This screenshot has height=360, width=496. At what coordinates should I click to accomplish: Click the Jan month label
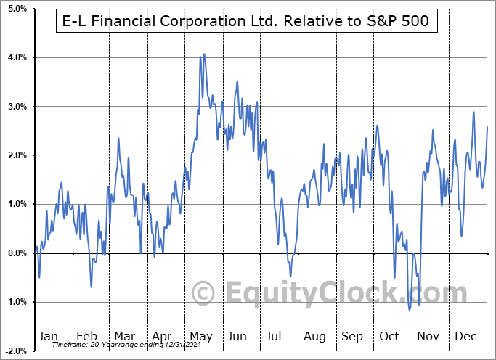tap(47, 336)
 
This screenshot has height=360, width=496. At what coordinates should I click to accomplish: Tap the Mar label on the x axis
tap(124, 336)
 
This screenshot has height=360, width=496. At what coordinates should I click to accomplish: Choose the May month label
tap(200, 336)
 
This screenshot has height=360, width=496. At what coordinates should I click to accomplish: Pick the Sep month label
tap(353, 336)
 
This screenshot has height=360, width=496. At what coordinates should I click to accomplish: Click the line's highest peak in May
tap(204, 54)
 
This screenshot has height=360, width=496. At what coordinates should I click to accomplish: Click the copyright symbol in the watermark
tap(203, 293)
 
